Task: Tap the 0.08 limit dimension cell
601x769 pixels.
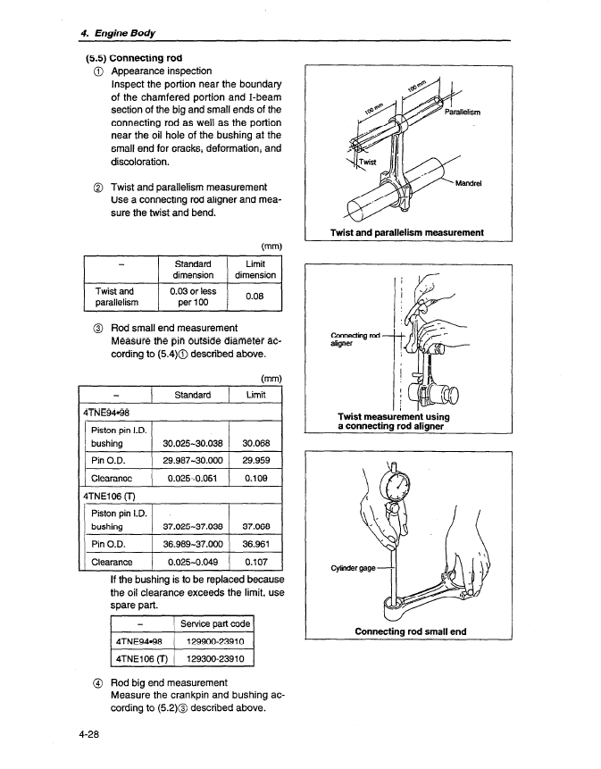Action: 255,296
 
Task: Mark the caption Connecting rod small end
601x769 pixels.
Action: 410,631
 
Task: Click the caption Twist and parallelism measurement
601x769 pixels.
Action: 407,233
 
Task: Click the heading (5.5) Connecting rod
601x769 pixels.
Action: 134,55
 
